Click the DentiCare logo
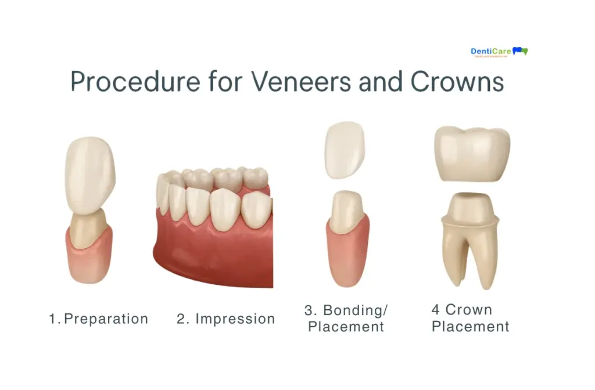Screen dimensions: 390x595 click(x=499, y=52)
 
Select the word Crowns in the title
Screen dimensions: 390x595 click(x=457, y=82)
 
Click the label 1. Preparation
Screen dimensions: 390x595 click(x=99, y=319)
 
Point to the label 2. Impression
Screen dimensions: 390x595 click(x=226, y=319)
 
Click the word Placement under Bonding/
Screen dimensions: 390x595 click(x=346, y=327)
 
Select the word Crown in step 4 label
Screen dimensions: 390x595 click(x=468, y=310)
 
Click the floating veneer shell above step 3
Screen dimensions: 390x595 click(x=344, y=149)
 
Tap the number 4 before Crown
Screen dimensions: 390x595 click(x=436, y=310)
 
